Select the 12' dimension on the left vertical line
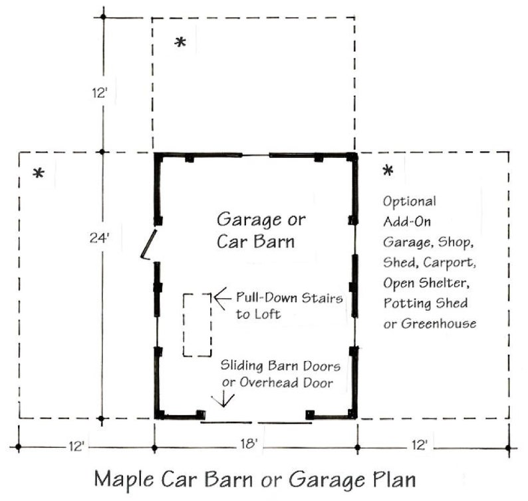(x=100, y=92)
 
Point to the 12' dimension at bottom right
(x=419, y=444)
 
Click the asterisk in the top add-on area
(x=180, y=43)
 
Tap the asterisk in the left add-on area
(x=39, y=174)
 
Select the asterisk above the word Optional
(x=388, y=172)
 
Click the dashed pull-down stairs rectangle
(x=198, y=325)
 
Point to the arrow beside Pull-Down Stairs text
(x=222, y=297)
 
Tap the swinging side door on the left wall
(x=149, y=244)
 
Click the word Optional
(x=410, y=202)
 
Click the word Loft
(x=266, y=314)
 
